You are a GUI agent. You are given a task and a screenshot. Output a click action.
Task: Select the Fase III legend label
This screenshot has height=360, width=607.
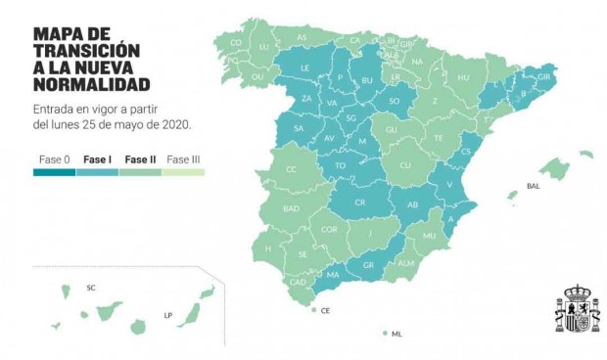click(x=183, y=158)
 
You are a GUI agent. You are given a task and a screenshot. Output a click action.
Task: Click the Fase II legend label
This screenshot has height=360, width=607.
click(x=140, y=158)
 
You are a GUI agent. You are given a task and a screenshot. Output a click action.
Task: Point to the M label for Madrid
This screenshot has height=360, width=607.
click(x=361, y=142)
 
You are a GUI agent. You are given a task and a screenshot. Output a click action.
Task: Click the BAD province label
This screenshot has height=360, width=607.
click(x=291, y=208)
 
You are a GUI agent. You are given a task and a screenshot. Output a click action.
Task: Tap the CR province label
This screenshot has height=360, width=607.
click(x=359, y=202)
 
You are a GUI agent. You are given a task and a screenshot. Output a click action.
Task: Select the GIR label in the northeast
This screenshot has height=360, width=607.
click(x=545, y=75)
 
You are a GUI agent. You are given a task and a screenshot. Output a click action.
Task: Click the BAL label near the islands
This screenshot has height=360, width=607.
click(x=533, y=185)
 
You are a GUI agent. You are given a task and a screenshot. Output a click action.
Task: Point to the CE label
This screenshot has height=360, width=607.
click(x=325, y=310)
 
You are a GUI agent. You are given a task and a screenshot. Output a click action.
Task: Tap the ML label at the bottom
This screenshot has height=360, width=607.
click(x=397, y=334)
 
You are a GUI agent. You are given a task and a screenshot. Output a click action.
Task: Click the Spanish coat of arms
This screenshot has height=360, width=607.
click(x=578, y=309)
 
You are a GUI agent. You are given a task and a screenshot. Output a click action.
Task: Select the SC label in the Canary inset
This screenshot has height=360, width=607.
click(x=91, y=288)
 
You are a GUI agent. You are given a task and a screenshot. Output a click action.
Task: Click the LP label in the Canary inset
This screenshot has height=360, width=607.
click(x=168, y=315)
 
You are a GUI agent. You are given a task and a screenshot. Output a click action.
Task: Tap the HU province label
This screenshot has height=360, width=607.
click(x=464, y=77)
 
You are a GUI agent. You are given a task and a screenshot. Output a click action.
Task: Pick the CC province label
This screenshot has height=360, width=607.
click(x=291, y=169)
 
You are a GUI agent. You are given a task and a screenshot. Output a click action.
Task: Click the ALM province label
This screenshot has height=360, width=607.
click(x=405, y=262)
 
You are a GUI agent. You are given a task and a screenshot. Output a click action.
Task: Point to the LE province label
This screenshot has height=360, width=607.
click(x=305, y=68)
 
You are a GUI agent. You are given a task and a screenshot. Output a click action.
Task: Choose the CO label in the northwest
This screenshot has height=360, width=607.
click(x=236, y=43)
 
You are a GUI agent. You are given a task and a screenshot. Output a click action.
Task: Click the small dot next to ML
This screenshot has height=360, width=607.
click(x=386, y=334)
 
